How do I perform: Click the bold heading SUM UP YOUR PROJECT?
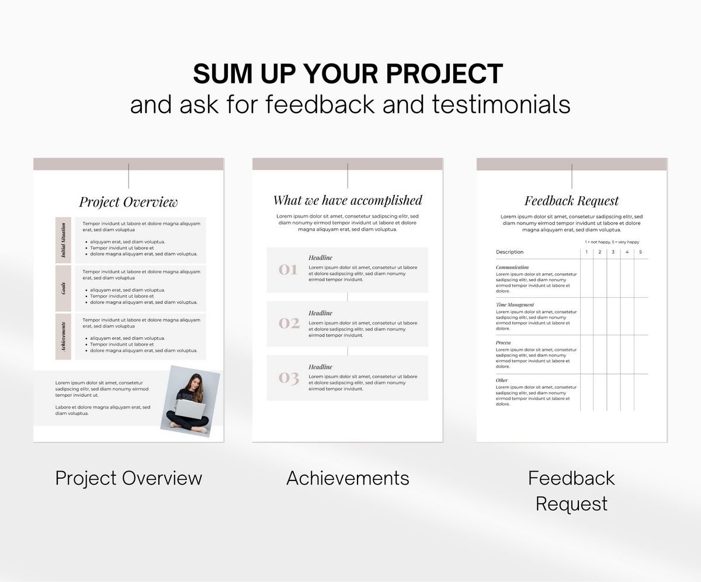[348, 74]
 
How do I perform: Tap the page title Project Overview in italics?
[128, 202]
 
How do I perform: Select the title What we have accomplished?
[348, 200]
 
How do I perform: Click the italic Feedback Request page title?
[571, 201]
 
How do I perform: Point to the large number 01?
[288, 269]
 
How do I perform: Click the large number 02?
[289, 323]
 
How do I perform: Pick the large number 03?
[289, 378]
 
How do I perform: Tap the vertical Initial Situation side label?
[63, 240]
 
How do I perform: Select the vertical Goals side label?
[63, 288]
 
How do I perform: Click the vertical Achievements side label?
[63, 336]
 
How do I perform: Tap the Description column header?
[510, 252]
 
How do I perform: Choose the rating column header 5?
[640, 252]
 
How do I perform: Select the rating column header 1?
[587, 252]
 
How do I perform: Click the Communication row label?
[512, 267]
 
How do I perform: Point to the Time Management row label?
[515, 305]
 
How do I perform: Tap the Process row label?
[503, 343]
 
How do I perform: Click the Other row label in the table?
[502, 380]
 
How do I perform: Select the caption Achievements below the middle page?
[348, 478]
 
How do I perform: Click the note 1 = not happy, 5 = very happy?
[612, 242]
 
